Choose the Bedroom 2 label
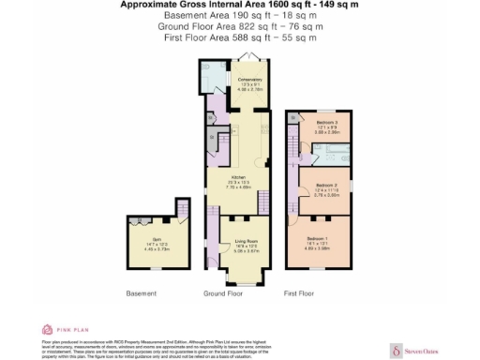tap(324, 186)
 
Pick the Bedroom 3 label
tap(325, 123)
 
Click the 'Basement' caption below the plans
tap(142, 293)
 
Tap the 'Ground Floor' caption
tap(222, 293)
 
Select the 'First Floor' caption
tap(298, 293)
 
